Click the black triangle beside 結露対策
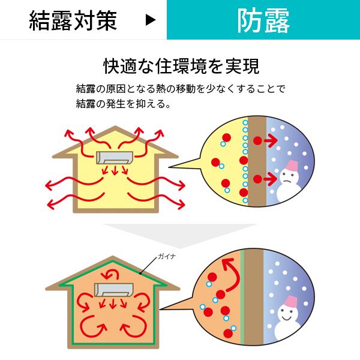click(151, 20)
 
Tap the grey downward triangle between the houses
click(180, 232)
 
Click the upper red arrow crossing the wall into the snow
click(264, 140)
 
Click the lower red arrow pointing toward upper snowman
click(264, 179)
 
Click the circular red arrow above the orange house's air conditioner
click(112, 275)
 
